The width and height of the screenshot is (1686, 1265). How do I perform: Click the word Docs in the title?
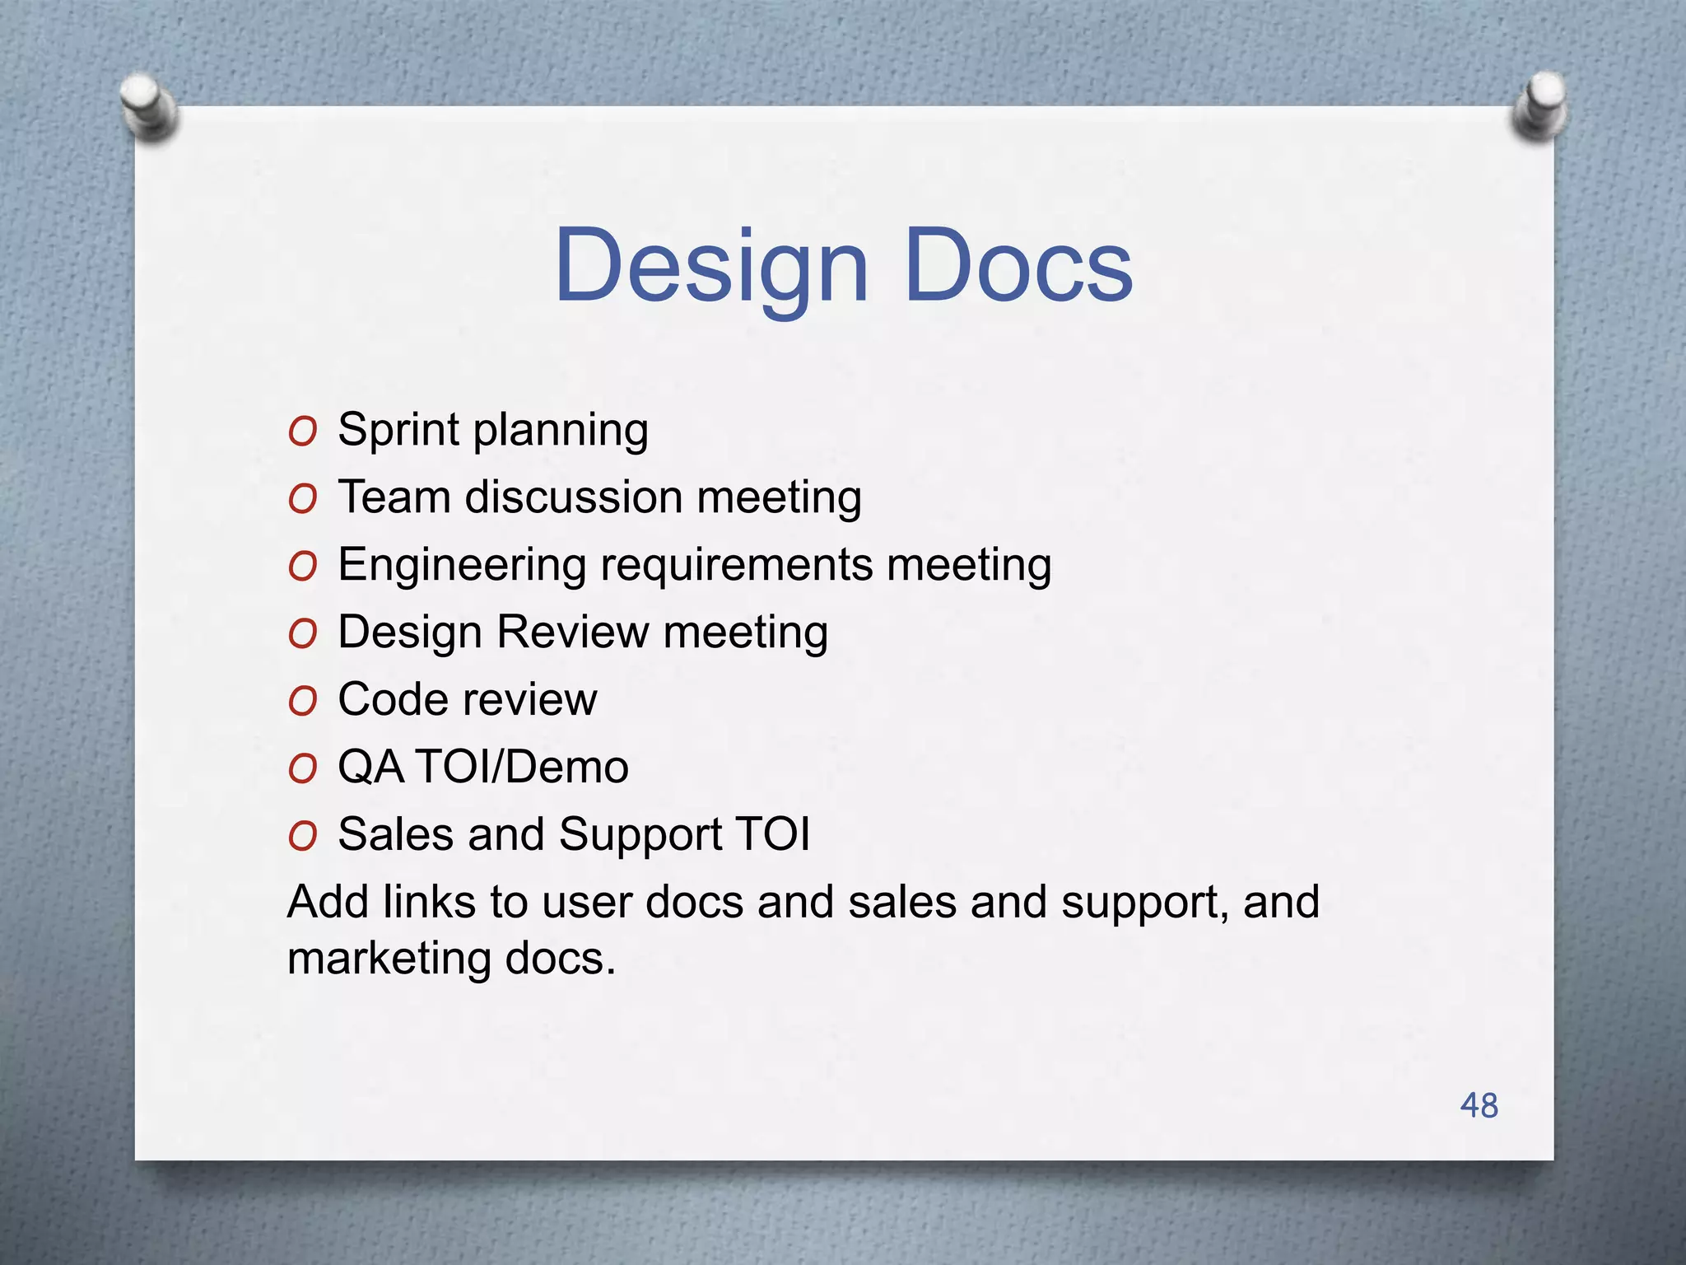(x=1018, y=265)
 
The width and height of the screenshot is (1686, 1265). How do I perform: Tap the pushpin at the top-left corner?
(x=148, y=107)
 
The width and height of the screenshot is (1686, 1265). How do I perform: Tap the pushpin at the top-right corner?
(x=1540, y=105)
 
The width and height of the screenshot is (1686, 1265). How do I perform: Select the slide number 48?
(x=1479, y=1105)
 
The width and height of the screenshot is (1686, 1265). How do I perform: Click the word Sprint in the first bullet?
(x=398, y=431)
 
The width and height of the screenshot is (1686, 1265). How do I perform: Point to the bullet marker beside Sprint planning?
(x=302, y=432)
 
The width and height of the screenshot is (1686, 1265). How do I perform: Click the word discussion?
(x=574, y=497)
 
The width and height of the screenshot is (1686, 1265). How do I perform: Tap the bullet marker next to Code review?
(x=302, y=702)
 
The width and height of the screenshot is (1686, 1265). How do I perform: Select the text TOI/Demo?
(x=522, y=768)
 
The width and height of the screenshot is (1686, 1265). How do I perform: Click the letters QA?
(x=370, y=768)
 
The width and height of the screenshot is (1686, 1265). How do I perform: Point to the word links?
(x=429, y=902)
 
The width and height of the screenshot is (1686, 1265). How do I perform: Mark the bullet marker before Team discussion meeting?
(x=302, y=499)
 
